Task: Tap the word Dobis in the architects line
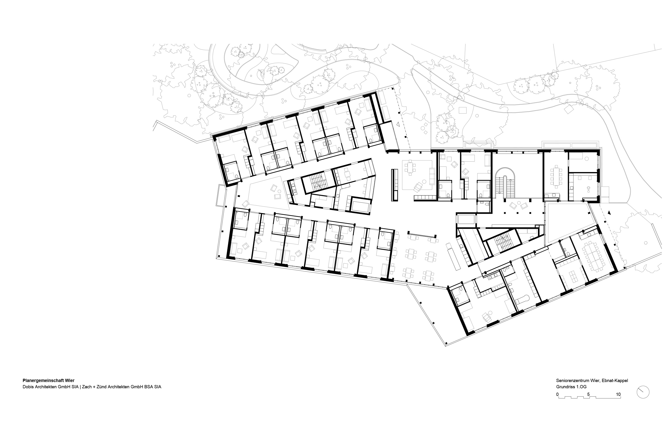click(x=28, y=387)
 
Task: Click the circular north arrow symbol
click(x=643, y=392)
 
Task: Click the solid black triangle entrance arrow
click(x=609, y=212)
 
